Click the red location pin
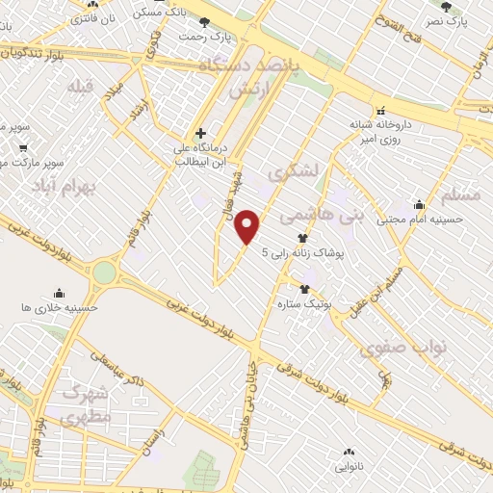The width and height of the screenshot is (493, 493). point(248,226)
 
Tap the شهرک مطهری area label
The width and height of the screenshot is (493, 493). point(85,403)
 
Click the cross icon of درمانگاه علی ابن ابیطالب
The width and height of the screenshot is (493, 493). point(199,133)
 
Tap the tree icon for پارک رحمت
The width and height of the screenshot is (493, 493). point(204,21)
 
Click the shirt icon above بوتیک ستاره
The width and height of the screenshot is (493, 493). point(305,289)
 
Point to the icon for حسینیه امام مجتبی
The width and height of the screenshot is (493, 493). point(419,204)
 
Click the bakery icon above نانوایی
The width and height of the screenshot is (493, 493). point(348,451)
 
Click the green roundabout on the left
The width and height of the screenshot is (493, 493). point(103,273)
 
